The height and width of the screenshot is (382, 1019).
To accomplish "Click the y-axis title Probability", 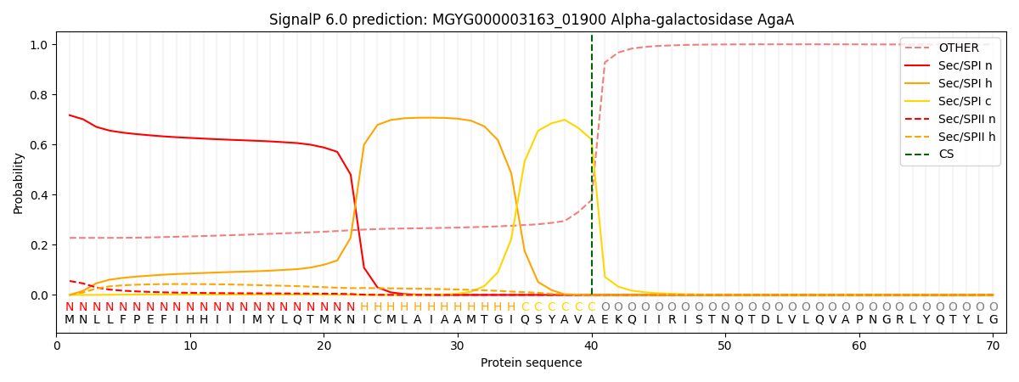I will click(x=19, y=183).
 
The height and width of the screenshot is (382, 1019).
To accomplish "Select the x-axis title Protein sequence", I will click(x=532, y=362).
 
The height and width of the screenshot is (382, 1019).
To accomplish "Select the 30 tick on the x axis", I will click(x=458, y=345).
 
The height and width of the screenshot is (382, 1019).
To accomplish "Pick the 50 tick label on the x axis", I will click(x=724, y=345).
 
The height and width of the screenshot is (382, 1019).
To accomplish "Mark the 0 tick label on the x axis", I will click(x=57, y=345).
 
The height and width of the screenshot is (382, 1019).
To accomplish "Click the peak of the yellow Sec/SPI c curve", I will click(x=565, y=120).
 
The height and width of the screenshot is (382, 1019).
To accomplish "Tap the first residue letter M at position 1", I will click(x=70, y=320).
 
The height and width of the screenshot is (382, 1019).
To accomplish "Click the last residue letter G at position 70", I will click(x=993, y=320).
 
